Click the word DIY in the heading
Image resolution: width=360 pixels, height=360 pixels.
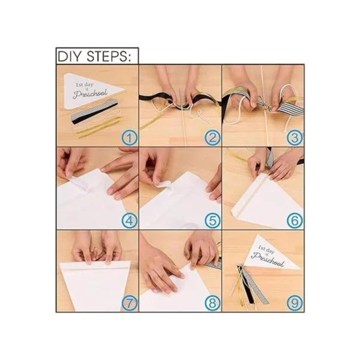point(70,56)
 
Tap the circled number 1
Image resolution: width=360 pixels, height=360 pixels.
point(129,138)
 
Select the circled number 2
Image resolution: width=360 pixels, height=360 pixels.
point(212,138)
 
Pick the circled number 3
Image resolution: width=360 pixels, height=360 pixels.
point(295,138)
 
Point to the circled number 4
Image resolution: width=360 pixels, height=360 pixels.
point(129,221)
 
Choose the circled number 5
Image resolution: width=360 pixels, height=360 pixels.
point(212,221)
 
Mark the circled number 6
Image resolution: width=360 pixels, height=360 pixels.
point(295,221)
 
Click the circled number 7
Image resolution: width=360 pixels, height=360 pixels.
point(129,303)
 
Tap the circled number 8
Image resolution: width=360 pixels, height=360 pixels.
point(212,303)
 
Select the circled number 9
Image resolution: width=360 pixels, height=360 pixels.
point(295,303)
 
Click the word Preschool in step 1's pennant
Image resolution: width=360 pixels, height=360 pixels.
point(90,94)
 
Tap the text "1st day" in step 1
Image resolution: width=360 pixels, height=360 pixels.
point(85,85)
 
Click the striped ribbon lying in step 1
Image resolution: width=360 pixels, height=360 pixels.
point(94,110)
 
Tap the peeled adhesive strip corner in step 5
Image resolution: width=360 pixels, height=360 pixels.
point(161,184)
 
